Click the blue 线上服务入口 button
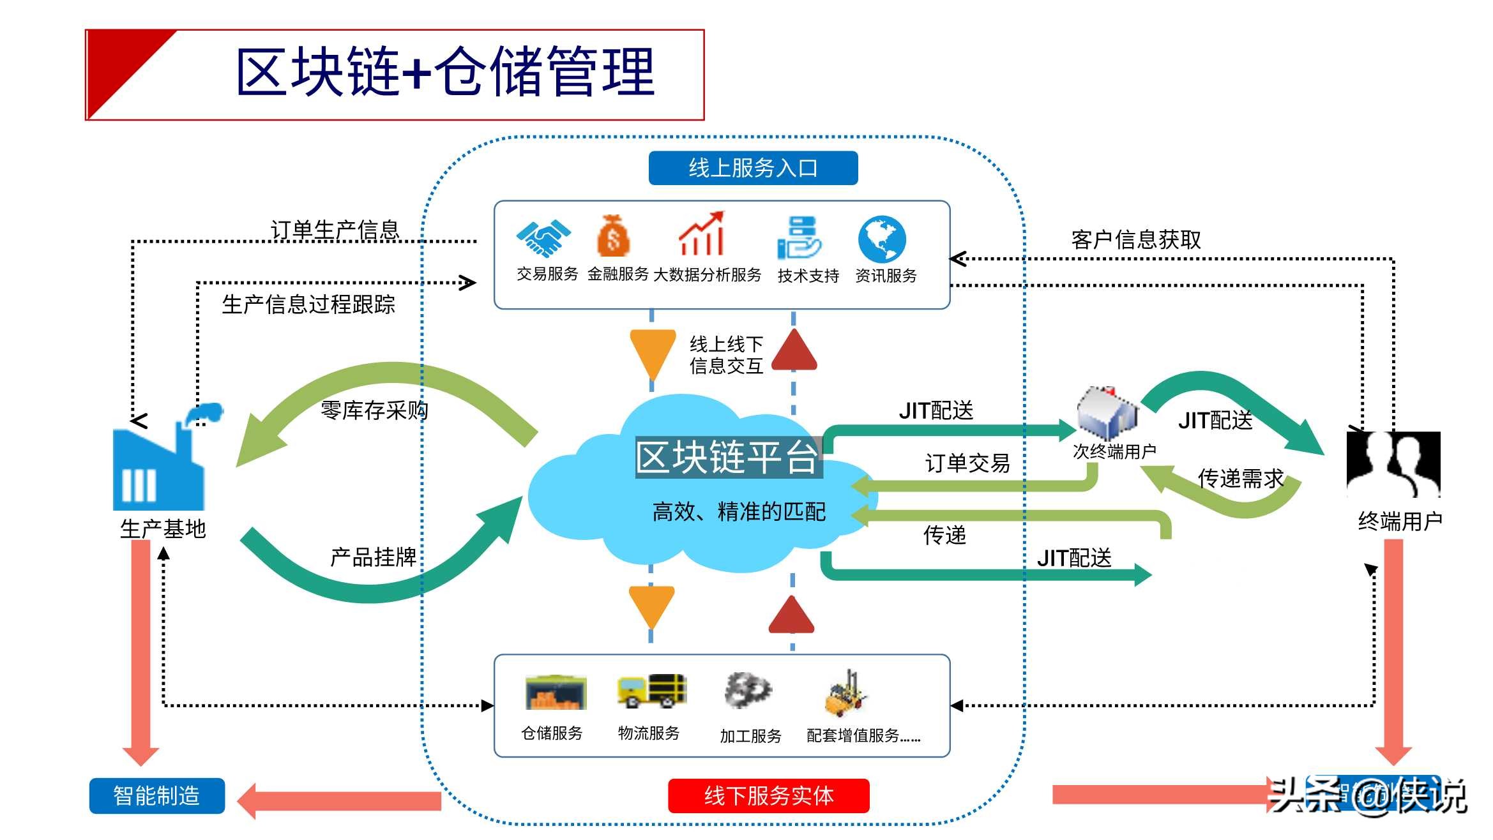[x=753, y=168]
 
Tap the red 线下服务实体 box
[x=768, y=795]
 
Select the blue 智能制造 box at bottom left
[x=156, y=795]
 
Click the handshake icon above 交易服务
[x=543, y=237]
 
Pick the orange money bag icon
[x=613, y=236]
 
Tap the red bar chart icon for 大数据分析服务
[x=701, y=234]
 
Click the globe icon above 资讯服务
[x=881, y=239]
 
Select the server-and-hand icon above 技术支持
[x=798, y=237]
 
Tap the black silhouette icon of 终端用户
[x=1393, y=464]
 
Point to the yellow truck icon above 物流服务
[x=651, y=691]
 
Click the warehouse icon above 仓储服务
[x=555, y=693]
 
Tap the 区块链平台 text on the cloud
[x=728, y=457]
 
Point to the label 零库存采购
[x=374, y=410]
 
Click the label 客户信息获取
[x=1135, y=240]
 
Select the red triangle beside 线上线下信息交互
[x=794, y=351]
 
